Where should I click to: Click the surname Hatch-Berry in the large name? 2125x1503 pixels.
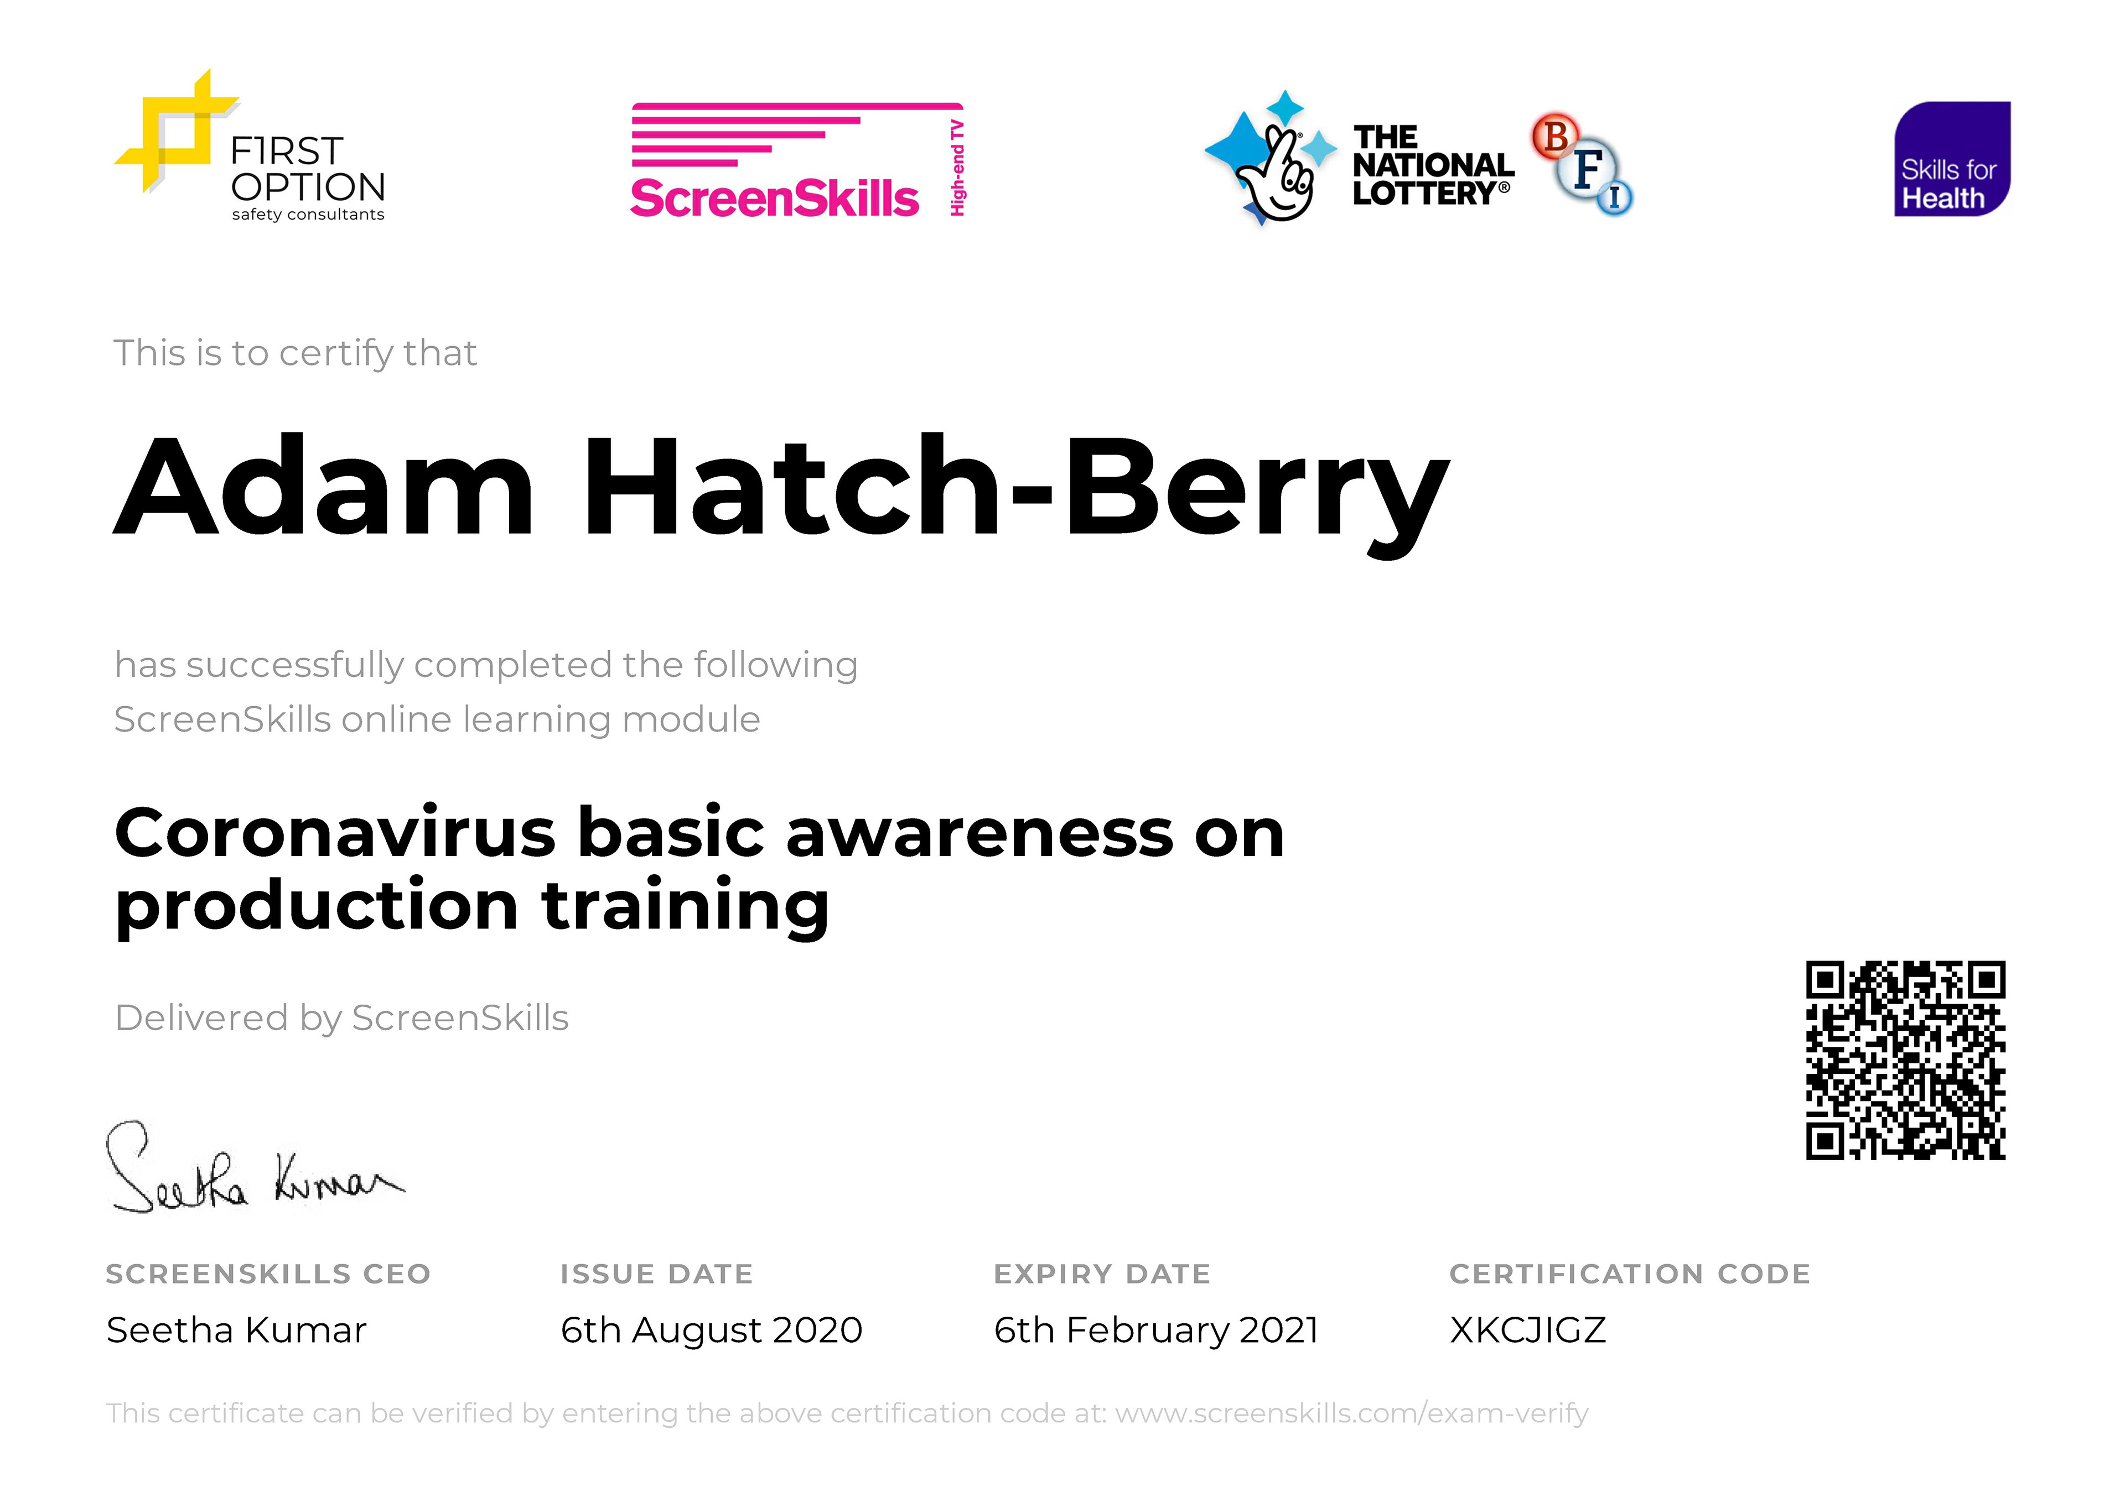(x=1016, y=490)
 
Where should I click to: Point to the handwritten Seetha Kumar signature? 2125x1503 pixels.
(x=255, y=1168)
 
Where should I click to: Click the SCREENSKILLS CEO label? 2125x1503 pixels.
(x=268, y=1275)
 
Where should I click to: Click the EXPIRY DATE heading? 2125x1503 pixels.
(x=1102, y=1275)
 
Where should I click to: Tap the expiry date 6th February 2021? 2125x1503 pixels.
(x=1155, y=1331)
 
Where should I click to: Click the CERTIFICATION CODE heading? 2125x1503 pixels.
(x=1630, y=1275)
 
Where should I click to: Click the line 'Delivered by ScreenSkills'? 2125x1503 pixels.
(x=341, y=1018)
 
